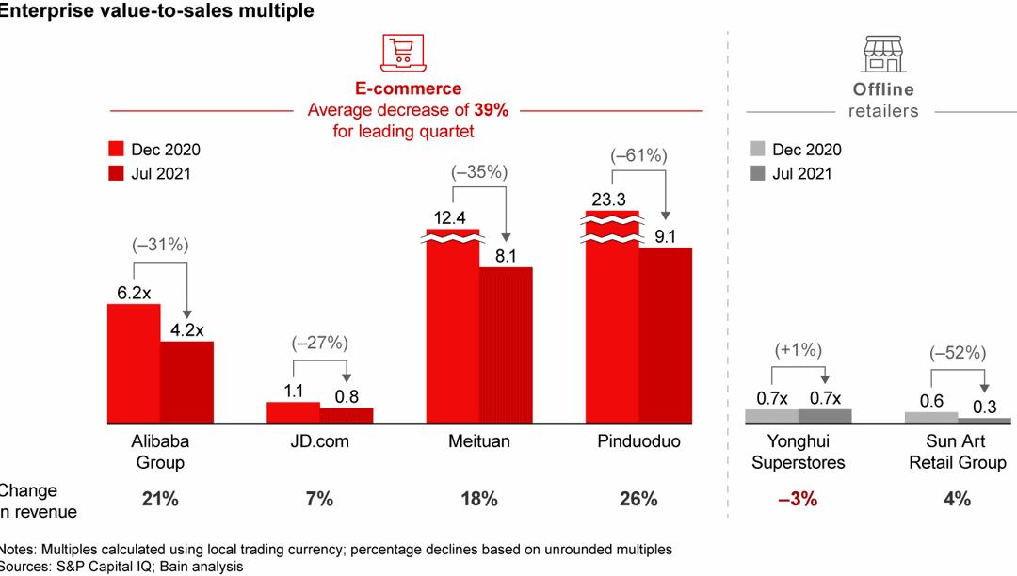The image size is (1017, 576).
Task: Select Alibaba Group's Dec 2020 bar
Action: click(133, 362)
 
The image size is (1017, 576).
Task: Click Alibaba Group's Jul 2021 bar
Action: click(186, 381)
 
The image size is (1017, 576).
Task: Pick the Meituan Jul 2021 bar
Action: click(506, 344)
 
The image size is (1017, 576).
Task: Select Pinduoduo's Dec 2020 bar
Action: click(612, 320)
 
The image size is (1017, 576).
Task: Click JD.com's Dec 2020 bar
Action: click(293, 412)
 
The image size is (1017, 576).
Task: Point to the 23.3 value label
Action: click(611, 199)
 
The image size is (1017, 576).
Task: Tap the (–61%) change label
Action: click(638, 153)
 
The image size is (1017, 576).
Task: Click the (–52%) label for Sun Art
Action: click(958, 353)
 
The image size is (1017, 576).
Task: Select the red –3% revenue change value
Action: click(798, 499)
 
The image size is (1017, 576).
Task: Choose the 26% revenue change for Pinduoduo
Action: click(638, 499)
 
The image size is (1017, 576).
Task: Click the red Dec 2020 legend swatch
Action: click(117, 150)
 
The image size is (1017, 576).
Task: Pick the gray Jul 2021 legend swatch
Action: click(756, 173)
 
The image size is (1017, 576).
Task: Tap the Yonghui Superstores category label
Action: click(798, 452)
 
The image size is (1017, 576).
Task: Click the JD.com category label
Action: click(320, 441)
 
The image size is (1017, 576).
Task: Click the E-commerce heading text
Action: click(408, 88)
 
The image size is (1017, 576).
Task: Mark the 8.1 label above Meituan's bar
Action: click(506, 255)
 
